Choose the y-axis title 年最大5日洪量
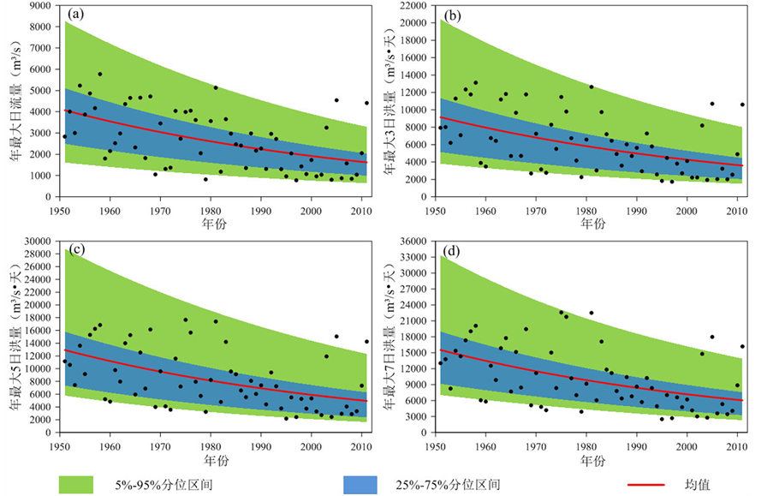[15, 338]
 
